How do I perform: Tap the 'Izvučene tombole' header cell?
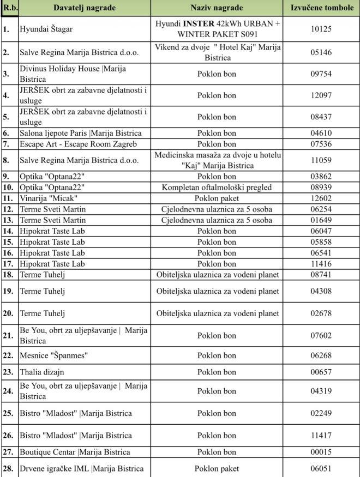(321, 8)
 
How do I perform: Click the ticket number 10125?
(321, 29)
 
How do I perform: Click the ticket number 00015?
(321, 452)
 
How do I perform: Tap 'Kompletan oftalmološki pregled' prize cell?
(217, 187)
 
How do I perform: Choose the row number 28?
(8, 468)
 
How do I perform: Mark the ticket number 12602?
(321, 197)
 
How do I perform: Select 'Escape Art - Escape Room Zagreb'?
(78, 144)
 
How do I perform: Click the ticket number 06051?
(321, 468)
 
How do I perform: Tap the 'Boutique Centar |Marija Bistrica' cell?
(75, 452)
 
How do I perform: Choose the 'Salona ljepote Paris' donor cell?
(80, 133)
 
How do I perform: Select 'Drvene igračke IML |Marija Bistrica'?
(82, 468)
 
